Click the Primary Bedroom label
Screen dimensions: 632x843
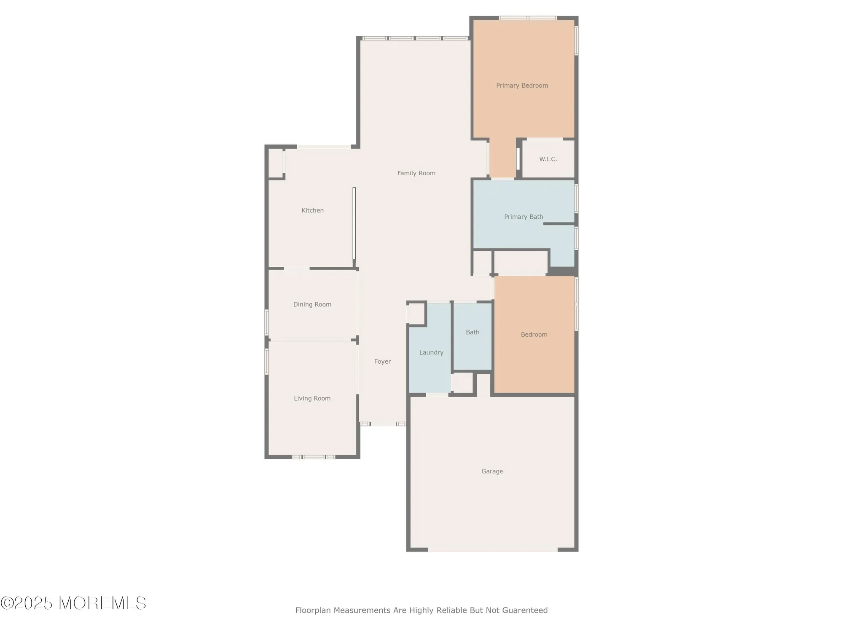point(522,86)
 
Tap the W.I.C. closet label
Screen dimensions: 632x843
point(548,159)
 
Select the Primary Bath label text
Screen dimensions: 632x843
point(524,217)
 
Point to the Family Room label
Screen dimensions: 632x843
point(416,173)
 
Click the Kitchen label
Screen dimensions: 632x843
point(312,211)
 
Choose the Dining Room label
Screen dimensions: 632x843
point(312,305)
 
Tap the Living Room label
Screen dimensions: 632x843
point(312,399)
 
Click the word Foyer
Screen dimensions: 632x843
point(382,362)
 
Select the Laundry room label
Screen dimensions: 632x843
point(431,353)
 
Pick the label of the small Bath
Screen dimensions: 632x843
point(473,332)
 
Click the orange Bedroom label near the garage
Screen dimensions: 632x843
point(534,335)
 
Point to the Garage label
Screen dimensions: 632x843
point(492,471)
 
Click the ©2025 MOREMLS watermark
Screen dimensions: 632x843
point(73,603)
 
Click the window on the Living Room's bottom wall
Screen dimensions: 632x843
point(314,457)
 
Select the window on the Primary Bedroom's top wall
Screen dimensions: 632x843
point(528,18)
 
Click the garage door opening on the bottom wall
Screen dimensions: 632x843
point(492,549)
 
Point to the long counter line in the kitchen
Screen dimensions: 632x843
point(354,223)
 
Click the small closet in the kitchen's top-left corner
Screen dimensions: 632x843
point(276,163)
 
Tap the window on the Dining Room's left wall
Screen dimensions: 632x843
point(266,322)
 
